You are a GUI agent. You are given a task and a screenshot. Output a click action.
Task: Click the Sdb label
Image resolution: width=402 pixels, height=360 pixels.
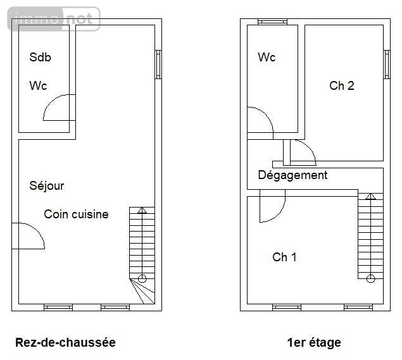[x=40, y=58]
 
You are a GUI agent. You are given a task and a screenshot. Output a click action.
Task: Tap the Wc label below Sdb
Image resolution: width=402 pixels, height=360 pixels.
[x=38, y=86]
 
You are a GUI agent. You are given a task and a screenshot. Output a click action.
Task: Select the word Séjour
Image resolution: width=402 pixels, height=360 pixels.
[x=47, y=186]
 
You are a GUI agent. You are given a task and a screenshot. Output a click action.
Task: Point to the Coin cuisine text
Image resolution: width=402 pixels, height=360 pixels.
[x=76, y=214]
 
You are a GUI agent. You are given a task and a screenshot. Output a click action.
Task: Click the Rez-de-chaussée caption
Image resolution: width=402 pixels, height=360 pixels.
[x=65, y=343]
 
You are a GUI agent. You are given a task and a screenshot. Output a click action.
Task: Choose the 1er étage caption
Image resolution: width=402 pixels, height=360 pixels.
[x=313, y=343]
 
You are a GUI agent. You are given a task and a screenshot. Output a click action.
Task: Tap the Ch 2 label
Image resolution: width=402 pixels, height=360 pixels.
[x=341, y=86]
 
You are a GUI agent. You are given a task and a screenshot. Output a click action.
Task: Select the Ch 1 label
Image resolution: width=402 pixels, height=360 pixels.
[x=284, y=258]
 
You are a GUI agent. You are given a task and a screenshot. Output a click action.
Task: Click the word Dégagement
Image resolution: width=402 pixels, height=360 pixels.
[x=292, y=175]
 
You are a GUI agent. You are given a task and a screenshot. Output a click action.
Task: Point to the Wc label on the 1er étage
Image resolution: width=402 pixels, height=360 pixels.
[x=267, y=58]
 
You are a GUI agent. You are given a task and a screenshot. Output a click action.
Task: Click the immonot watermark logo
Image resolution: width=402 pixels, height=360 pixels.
[x=54, y=19]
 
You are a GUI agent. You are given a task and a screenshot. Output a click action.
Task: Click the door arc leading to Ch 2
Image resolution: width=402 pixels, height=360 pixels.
[x=302, y=152]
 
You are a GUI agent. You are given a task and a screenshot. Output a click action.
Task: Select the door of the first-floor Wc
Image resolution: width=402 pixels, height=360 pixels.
[x=260, y=121]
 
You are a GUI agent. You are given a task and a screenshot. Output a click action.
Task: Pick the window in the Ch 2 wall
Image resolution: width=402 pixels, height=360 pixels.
[x=386, y=65]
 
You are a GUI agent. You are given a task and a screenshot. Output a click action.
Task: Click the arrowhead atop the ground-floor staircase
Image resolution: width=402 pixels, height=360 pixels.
[x=142, y=211]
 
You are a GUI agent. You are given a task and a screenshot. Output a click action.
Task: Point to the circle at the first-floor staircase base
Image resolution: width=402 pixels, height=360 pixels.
[x=371, y=277]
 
